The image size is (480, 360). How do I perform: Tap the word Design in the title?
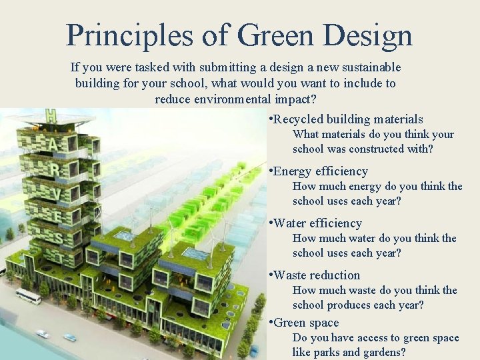[366, 35]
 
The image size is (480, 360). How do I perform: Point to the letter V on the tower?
[58, 193]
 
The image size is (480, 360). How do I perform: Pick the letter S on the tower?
[59, 238]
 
